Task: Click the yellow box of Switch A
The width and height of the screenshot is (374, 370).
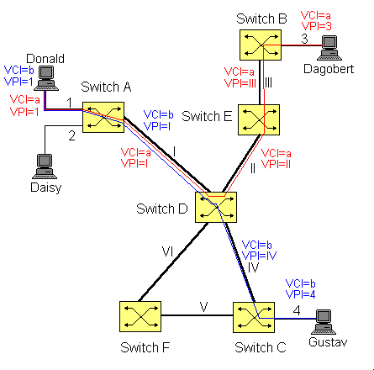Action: pyautogui.click(x=103, y=117)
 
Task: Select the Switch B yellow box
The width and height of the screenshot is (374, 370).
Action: pyautogui.click(x=261, y=45)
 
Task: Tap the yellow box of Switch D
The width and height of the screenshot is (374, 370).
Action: pyautogui.click(x=216, y=208)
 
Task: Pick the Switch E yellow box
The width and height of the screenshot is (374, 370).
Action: pyautogui.click(x=259, y=119)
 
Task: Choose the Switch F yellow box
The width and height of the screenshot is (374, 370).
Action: pyautogui.click(x=140, y=317)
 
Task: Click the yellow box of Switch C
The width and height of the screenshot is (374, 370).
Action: pyautogui.click(x=254, y=317)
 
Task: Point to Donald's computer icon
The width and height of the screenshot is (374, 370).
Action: pyautogui.click(x=46, y=78)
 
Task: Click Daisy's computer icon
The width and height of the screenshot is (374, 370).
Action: pyautogui.click(x=45, y=166)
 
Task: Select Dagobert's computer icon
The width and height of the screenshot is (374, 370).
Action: pyautogui.click(x=329, y=48)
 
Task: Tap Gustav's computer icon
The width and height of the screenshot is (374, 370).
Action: pyautogui.click(x=324, y=322)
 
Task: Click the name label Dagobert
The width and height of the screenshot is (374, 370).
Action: pyautogui.click(x=329, y=69)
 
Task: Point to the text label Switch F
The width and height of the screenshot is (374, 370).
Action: pyautogui.click(x=145, y=347)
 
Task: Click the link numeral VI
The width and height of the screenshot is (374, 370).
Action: pyautogui.click(x=167, y=251)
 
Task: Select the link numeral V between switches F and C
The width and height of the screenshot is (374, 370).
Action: pyautogui.click(x=204, y=307)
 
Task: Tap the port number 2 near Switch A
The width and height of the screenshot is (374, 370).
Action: pyautogui.click(x=72, y=136)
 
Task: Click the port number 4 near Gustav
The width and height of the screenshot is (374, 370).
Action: pyautogui.click(x=297, y=310)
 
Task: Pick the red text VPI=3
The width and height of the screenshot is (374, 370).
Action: pyautogui.click(x=316, y=26)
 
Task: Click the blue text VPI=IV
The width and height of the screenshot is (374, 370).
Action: pyautogui.click(x=259, y=256)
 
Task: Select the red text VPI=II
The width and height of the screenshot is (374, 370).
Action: pyautogui.click(x=276, y=164)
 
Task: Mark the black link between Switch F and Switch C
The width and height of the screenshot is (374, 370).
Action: pyautogui.click(x=198, y=315)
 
